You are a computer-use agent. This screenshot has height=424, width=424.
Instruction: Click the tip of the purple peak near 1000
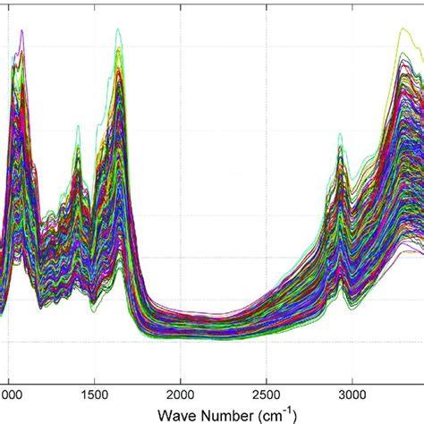pyautogui.click(x=21, y=31)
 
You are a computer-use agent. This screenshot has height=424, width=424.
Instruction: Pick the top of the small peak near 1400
pyautogui.click(x=78, y=126)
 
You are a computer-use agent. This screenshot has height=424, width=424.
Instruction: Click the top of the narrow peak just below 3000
pyautogui.click(x=340, y=134)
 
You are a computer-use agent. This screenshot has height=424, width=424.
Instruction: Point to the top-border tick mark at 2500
pyautogui.click(x=267, y=4)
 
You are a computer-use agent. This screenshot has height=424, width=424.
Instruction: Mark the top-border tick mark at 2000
pyautogui.click(x=181, y=4)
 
